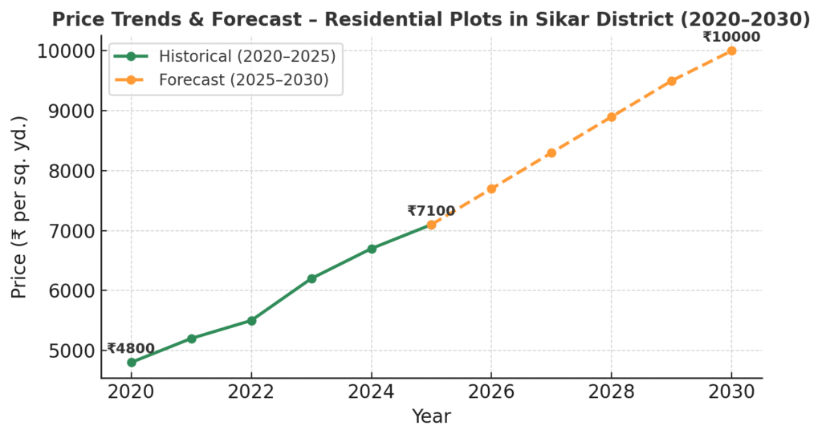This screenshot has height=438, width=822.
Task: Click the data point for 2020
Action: (x=131, y=363)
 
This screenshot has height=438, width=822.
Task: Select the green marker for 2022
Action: (x=251, y=320)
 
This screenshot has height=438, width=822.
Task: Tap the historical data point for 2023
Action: (x=311, y=278)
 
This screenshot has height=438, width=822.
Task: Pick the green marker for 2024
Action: (x=372, y=249)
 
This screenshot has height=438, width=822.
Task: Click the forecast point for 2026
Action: (x=491, y=189)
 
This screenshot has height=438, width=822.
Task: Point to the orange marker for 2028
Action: (x=612, y=117)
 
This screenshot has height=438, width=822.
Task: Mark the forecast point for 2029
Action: (x=672, y=81)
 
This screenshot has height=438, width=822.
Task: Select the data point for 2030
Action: (x=731, y=51)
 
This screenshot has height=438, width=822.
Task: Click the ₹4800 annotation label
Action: (x=130, y=348)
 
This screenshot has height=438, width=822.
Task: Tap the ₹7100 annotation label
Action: (x=431, y=211)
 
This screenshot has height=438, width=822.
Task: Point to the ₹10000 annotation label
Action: (x=731, y=36)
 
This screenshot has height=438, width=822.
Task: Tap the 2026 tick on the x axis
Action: (x=491, y=391)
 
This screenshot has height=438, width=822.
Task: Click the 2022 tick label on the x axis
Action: (x=251, y=391)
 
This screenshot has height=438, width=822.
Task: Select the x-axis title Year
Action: (x=431, y=416)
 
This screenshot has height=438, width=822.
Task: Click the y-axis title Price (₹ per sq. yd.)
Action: (x=19, y=207)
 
